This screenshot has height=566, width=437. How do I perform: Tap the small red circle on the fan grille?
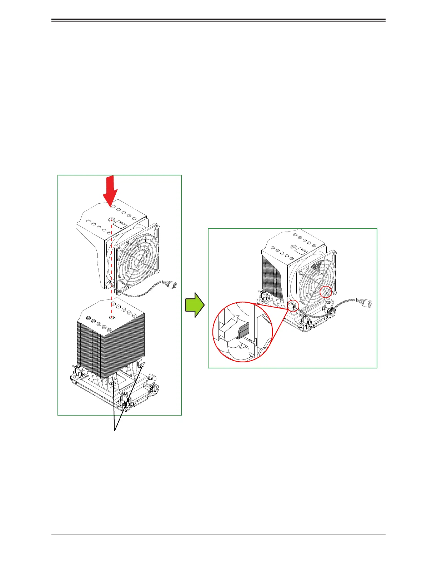(x=326, y=292)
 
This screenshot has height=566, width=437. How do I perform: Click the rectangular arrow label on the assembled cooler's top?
(x=302, y=250)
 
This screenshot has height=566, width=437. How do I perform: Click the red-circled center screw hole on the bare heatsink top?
(x=112, y=317)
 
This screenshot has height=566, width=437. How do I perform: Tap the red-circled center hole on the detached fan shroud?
(x=112, y=220)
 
